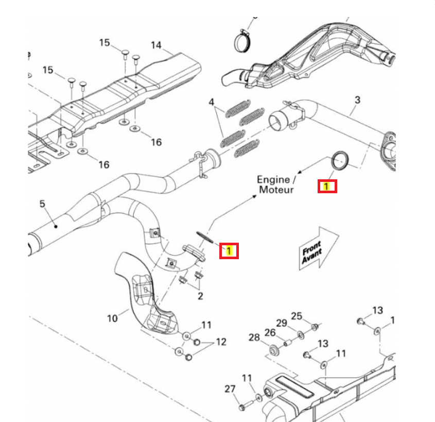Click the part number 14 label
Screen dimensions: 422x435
(156, 45)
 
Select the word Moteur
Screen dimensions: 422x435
(276, 190)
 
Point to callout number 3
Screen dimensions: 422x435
(358, 99)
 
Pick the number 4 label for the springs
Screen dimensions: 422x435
(211, 103)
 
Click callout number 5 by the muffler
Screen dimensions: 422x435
(42, 205)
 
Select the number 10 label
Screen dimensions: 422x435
(112, 318)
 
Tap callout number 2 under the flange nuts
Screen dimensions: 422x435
(200, 296)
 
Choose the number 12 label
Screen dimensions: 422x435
(221, 341)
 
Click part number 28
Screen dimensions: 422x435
(254, 337)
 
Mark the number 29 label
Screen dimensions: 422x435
(281, 323)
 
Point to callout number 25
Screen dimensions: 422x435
(297, 316)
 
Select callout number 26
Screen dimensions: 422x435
(270, 333)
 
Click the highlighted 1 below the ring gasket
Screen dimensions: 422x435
(327, 186)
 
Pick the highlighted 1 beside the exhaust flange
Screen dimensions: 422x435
(229, 251)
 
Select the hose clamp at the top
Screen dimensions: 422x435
(241, 41)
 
